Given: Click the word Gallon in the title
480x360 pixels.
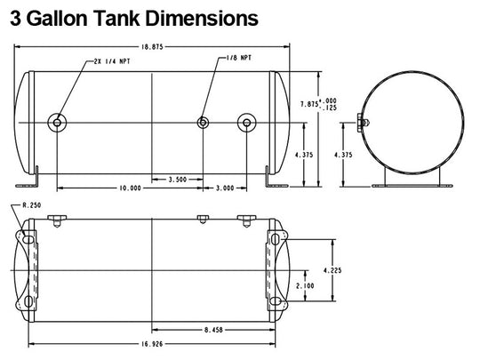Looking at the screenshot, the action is click(59, 18).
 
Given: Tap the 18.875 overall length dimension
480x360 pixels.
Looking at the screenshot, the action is click(152, 47).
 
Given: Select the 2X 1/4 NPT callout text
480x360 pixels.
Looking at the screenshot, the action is click(112, 61).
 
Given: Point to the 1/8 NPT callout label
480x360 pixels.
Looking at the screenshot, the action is click(239, 58).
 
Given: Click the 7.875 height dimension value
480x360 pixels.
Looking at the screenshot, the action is click(309, 104).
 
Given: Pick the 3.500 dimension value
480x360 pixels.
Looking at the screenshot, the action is click(178, 180).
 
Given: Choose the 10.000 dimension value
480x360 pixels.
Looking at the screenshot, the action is click(130, 188).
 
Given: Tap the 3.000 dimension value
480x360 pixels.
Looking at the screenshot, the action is click(225, 188).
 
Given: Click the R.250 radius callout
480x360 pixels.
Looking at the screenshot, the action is click(32, 205).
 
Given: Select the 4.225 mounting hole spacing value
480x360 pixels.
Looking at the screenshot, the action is click(332, 270).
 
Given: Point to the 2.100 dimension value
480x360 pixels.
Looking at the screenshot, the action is click(305, 285).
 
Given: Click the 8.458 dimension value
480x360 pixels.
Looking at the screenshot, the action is click(213, 330).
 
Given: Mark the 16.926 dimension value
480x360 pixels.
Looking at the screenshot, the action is click(152, 344).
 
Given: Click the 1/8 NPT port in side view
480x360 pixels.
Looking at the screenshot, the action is click(203, 123).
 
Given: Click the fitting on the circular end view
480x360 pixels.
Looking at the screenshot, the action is click(363, 123).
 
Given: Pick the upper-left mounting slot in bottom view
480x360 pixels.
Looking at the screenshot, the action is click(28, 239).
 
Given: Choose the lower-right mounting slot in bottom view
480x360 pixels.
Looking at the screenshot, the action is click(276, 301).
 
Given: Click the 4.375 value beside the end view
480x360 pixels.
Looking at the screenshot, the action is click(343, 155).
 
